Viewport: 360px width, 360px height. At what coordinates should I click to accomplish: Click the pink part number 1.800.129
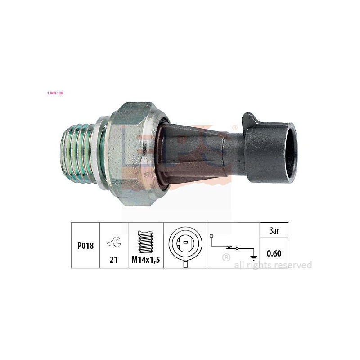click(55, 93)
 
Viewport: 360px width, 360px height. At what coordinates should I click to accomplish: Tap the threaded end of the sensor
click(77, 153)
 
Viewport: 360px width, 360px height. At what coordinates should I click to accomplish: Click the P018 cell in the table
click(85, 246)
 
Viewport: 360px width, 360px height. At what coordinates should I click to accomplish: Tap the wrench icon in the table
click(114, 242)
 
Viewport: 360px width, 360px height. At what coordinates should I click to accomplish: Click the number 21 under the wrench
click(114, 260)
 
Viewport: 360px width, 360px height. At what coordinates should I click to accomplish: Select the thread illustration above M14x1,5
click(146, 242)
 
